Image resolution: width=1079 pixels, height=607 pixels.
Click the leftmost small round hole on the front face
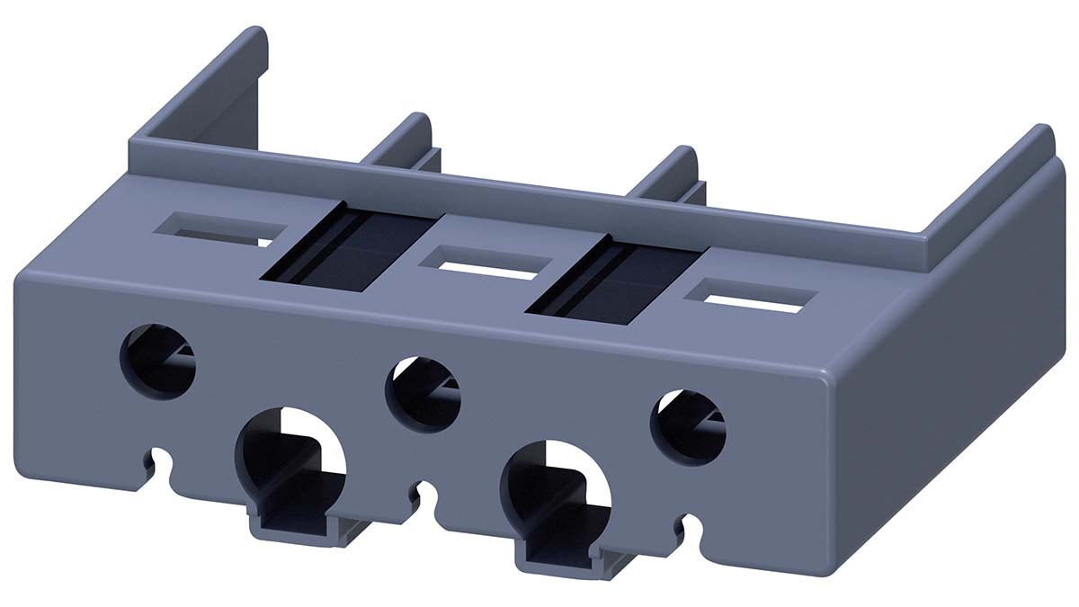coord(158,358)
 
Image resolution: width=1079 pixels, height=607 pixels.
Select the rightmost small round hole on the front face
coord(688,424)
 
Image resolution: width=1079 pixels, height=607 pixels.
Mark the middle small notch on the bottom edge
coord(424,497)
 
